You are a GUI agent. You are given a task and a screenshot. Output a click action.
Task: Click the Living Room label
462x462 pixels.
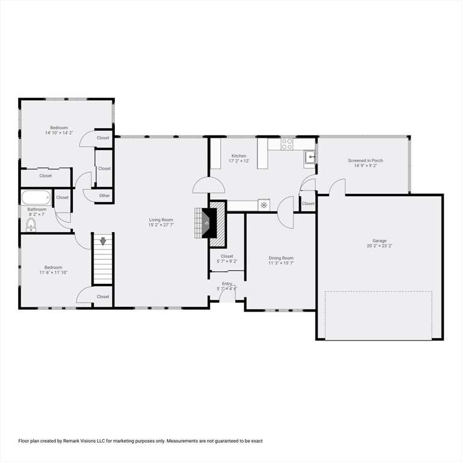point(161,220)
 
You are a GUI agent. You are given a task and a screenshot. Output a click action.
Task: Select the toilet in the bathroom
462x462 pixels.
point(31,225)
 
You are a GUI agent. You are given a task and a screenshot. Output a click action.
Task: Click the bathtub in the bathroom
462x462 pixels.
point(37,198)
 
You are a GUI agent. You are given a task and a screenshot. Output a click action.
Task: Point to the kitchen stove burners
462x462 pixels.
point(287,144)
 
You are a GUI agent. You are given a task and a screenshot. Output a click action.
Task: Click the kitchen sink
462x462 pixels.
point(310,158)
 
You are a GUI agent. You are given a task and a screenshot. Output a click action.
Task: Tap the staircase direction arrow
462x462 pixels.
point(102,241)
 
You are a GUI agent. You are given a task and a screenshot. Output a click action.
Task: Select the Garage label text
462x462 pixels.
point(380,241)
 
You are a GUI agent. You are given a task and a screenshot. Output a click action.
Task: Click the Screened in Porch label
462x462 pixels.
point(365,161)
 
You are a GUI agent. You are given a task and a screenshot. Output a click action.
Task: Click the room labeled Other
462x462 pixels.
point(105,196)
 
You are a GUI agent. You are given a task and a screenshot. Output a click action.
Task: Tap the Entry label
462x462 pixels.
point(227,283)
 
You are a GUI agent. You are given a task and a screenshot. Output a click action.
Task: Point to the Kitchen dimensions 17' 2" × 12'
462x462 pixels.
point(239,161)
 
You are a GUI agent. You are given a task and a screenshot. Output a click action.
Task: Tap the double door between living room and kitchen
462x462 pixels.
point(208,185)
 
